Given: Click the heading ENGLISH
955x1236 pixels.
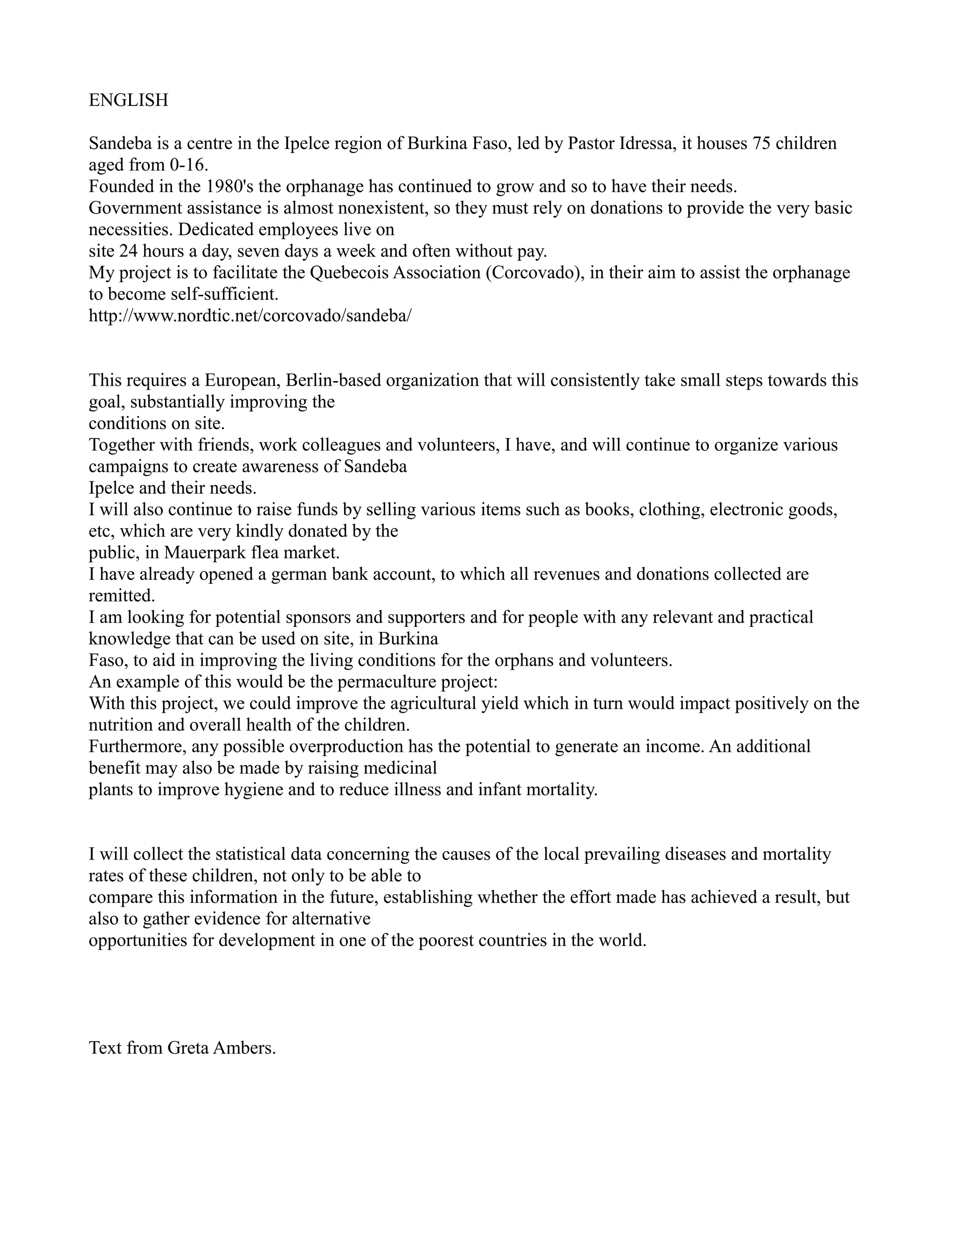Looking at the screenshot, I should pyautogui.click(x=128, y=100).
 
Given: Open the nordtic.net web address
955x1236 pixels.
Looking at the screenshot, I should pyautogui.click(x=250, y=316).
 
